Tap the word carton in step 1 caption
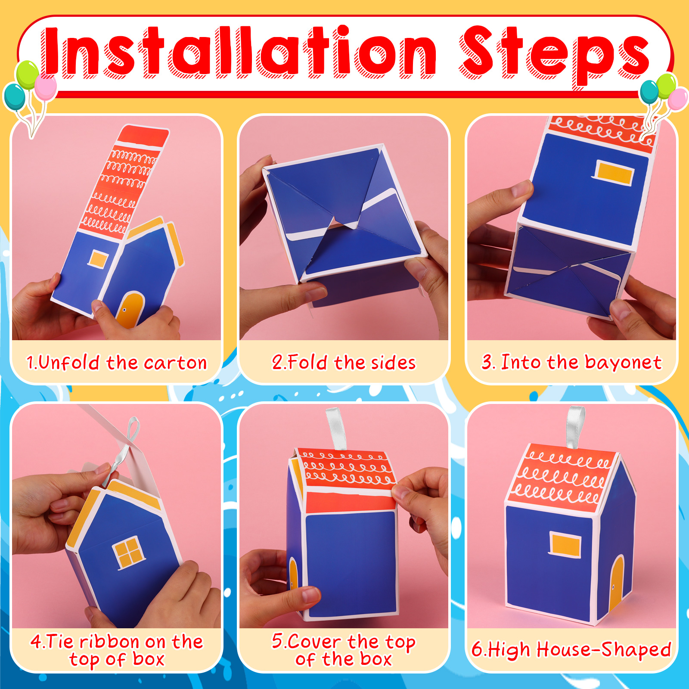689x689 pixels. [175, 363]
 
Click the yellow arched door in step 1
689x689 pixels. [130, 310]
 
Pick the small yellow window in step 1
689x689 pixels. [98, 260]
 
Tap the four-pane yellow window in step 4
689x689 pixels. [128, 551]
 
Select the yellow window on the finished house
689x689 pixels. [565, 544]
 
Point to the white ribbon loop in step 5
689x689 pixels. [336, 429]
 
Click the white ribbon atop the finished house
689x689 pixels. [575, 427]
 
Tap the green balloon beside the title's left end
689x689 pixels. [27, 75]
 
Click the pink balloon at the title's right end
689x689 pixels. [678, 99]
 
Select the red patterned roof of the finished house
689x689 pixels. [563, 475]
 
